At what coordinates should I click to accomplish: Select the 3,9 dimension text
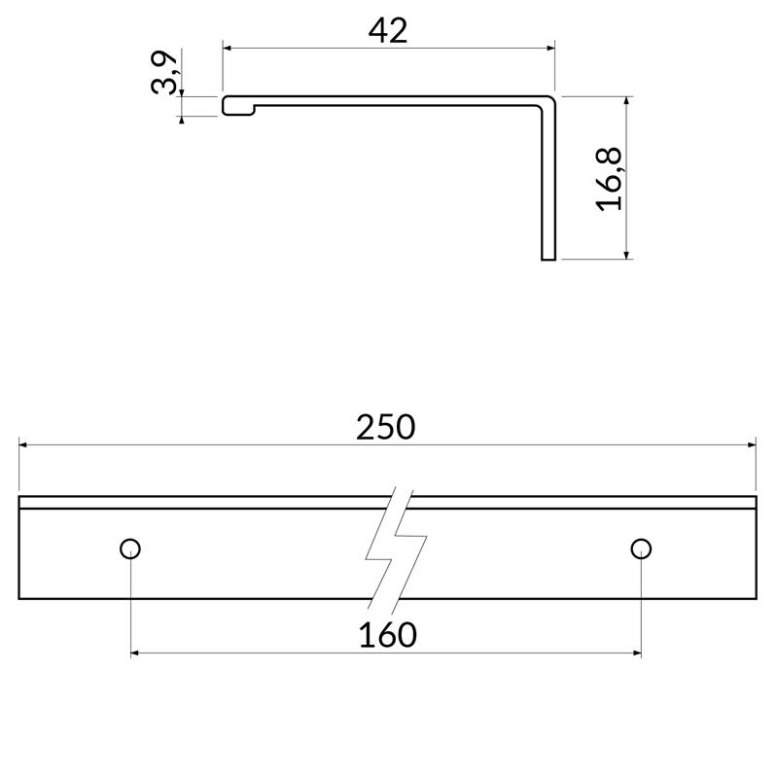point(165,74)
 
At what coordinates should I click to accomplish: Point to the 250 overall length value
point(385,427)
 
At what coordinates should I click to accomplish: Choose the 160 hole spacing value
point(387,635)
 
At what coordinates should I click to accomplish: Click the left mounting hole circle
point(130,548)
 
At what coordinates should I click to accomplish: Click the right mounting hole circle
point(640,548)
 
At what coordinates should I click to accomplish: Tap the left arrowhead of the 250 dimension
point(24,444)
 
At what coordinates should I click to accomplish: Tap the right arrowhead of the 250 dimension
point(752,444)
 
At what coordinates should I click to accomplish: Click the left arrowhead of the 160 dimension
point(136,653)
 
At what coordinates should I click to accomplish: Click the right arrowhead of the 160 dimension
point(635,653)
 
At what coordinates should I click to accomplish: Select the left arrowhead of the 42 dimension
point(229,47)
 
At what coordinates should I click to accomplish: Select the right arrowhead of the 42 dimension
point(549,47)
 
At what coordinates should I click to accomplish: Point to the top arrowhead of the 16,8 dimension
point(628,101)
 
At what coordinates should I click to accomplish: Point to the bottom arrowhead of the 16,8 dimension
point(628,254)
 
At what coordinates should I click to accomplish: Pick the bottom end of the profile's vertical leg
point(548,258)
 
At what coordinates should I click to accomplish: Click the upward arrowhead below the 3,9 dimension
point(182,120)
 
